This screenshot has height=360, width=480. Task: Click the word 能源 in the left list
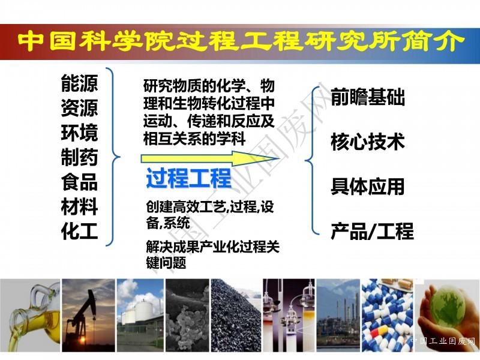80,83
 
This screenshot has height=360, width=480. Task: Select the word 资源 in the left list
80,108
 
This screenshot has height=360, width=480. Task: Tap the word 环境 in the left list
80,132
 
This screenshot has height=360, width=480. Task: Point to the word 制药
80,157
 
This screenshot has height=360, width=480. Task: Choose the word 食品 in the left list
80,182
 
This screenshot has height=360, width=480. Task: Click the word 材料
80,206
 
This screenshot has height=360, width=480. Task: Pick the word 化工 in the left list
80,230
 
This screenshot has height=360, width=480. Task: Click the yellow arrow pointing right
210,158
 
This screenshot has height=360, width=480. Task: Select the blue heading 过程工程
188,178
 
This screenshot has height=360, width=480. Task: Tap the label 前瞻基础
368,97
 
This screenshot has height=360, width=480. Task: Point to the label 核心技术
368,142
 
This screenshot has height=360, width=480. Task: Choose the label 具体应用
368,186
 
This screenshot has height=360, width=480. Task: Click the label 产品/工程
372,231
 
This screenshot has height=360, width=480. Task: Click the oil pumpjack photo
88,316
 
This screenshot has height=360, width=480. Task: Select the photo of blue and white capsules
387,316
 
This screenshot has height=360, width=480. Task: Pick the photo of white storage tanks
140,316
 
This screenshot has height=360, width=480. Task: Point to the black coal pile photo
236,316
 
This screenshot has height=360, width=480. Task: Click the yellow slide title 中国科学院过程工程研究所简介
241,42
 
